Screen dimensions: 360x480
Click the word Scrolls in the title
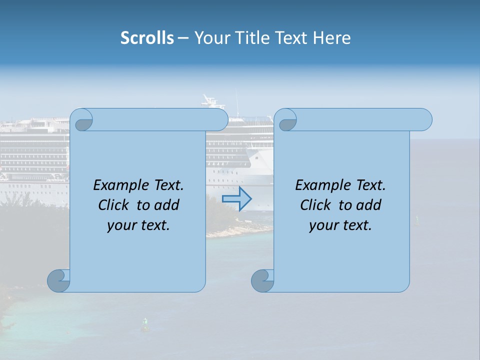coord(147,38)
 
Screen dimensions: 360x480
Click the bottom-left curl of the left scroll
coord(58,280)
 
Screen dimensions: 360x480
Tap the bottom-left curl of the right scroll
coord(262,280)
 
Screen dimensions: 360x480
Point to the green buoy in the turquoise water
coord(145,324)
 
